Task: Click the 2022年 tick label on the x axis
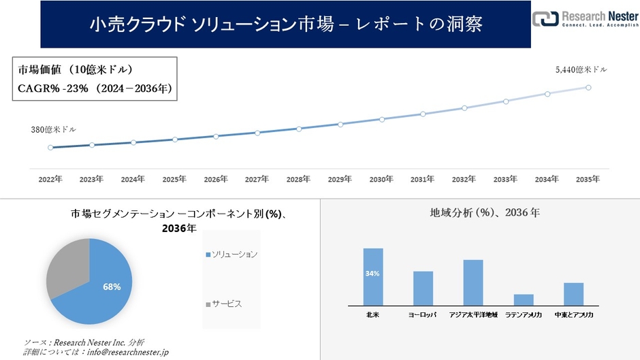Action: [50, 179]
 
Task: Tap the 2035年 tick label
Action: [588, 179]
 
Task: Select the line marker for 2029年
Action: [340, 124]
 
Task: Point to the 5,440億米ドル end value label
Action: [581, 69]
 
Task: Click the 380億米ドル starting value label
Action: [53, 129]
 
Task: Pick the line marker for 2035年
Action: [588, 87]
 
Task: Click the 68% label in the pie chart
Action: [112, 287]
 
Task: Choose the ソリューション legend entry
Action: [231, 254]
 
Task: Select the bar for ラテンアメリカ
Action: [524, 299]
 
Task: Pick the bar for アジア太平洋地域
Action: [473, 282]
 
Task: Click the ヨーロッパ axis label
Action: [423, 315]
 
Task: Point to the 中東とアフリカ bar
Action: [573, 294]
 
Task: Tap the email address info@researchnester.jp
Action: [125, 352]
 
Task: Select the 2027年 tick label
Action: [257, 179]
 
